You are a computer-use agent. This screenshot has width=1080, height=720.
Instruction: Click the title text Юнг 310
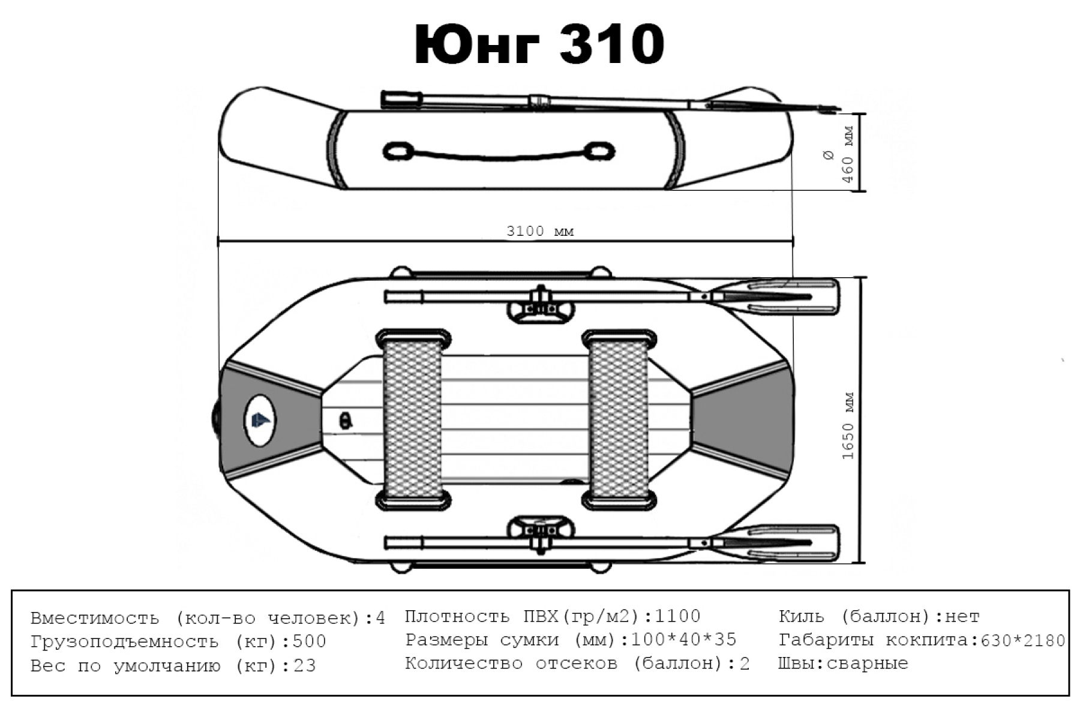tap(539, 45)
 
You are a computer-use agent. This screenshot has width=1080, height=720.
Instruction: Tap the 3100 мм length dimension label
tap(540, 231)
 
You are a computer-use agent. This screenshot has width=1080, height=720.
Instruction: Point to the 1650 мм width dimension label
tap(848, 426)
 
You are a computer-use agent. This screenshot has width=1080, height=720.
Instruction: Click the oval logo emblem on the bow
tap(260, 420)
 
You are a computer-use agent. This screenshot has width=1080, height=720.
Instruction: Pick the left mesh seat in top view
tap(413, 418)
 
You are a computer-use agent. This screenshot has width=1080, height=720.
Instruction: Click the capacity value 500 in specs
tap(309, 641)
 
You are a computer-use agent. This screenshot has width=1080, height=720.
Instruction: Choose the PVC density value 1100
tap(677, 616)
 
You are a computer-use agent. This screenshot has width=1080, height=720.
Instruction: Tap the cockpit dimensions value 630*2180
tap(1022, 641)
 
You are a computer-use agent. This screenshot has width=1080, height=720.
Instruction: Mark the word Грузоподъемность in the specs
tap(124, 641)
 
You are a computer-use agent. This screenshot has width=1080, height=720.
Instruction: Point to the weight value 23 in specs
tap(304, 666)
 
